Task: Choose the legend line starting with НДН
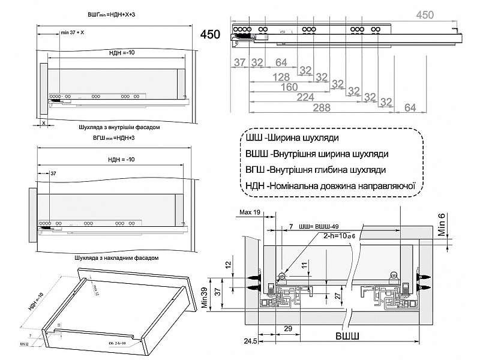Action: tap(331, 185)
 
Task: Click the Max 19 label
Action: tap(249, 212)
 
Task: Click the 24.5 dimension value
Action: tap(251, 341)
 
